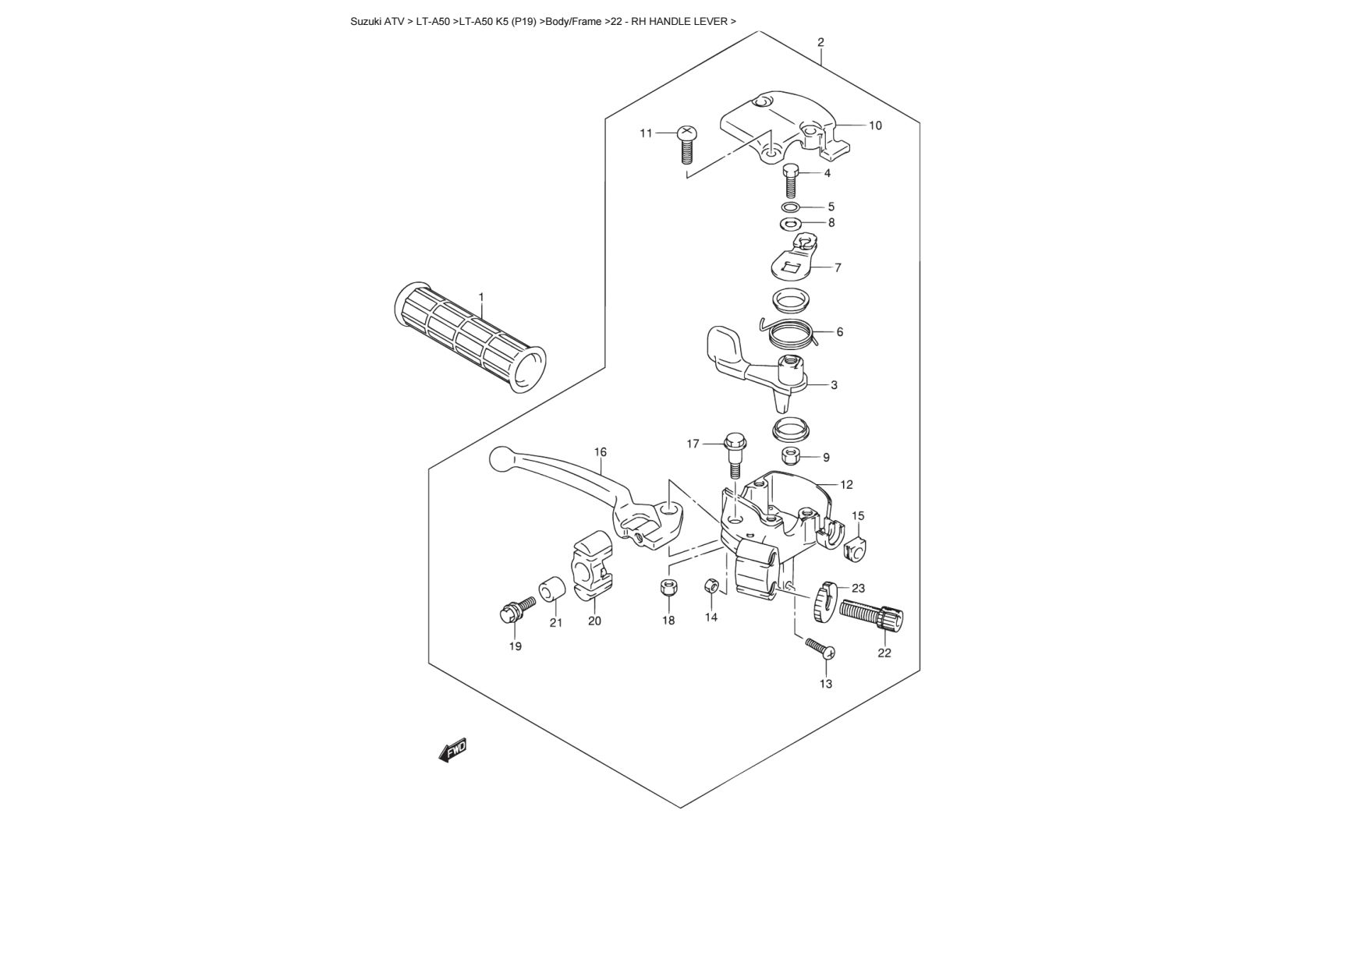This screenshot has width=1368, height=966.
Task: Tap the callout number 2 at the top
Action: pyautogui.click(x=820, y=42)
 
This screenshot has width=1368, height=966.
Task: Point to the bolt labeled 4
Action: pyautogui.click(x=791, y=182)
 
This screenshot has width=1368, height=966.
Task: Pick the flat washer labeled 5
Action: pyautogui.click(x=790, y=207)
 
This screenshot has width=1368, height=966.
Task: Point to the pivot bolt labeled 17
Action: pyautogui.click(x=734, y=455)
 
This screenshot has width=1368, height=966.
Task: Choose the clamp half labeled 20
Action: pyautogui.click(x=593, y=567)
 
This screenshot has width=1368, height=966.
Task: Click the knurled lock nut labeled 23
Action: pyautogui.click(x=825, y=601)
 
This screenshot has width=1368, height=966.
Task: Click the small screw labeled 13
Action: pyautogui.click(x=820, y=647)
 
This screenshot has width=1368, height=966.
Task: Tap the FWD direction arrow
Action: pyautogui.click(x=452, y=750)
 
